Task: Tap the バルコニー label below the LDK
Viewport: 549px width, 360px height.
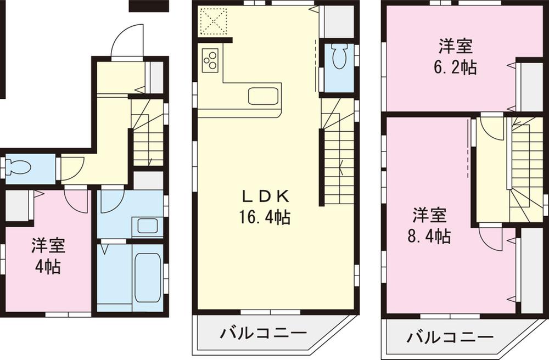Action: coord(264,333)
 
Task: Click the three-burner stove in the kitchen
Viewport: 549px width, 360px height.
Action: coord(211,60)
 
